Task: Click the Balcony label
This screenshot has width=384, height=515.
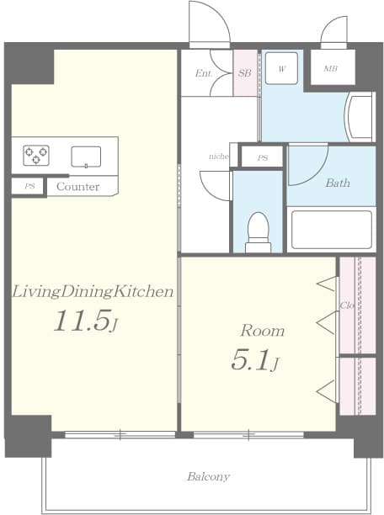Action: [208, 477]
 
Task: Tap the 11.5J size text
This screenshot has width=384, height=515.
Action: [86, 321]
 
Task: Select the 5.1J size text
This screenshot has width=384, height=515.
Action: [255, 360]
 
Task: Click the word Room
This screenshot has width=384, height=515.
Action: [262, 331]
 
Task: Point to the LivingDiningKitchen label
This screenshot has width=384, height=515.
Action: [93, 292]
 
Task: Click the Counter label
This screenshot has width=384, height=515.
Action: [78, 187]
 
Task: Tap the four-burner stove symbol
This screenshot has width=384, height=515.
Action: [36, 155]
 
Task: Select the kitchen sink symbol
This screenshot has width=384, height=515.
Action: [86, 156]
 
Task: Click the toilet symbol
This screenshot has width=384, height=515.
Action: [258, 231]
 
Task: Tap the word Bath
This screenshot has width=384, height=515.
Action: [338, 183]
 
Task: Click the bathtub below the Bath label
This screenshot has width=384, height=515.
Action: [331, 229]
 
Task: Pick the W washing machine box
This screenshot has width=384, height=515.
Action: [282, 66]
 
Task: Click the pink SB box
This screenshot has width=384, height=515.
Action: [245, 73]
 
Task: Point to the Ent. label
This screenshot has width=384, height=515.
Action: [203, 73]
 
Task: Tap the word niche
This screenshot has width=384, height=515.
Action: [219, 157]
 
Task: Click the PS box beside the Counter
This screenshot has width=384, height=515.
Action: [29, 186]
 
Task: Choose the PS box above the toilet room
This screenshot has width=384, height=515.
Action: [263, 157]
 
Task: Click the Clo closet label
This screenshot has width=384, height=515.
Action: [345, 305]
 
